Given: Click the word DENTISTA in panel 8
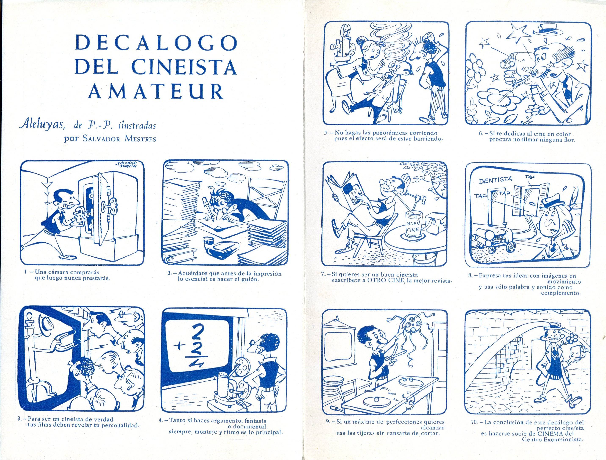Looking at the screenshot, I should coord(495,180).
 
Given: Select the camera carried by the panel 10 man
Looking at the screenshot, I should coord(578,359).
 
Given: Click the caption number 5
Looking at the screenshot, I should coord(326,133).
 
